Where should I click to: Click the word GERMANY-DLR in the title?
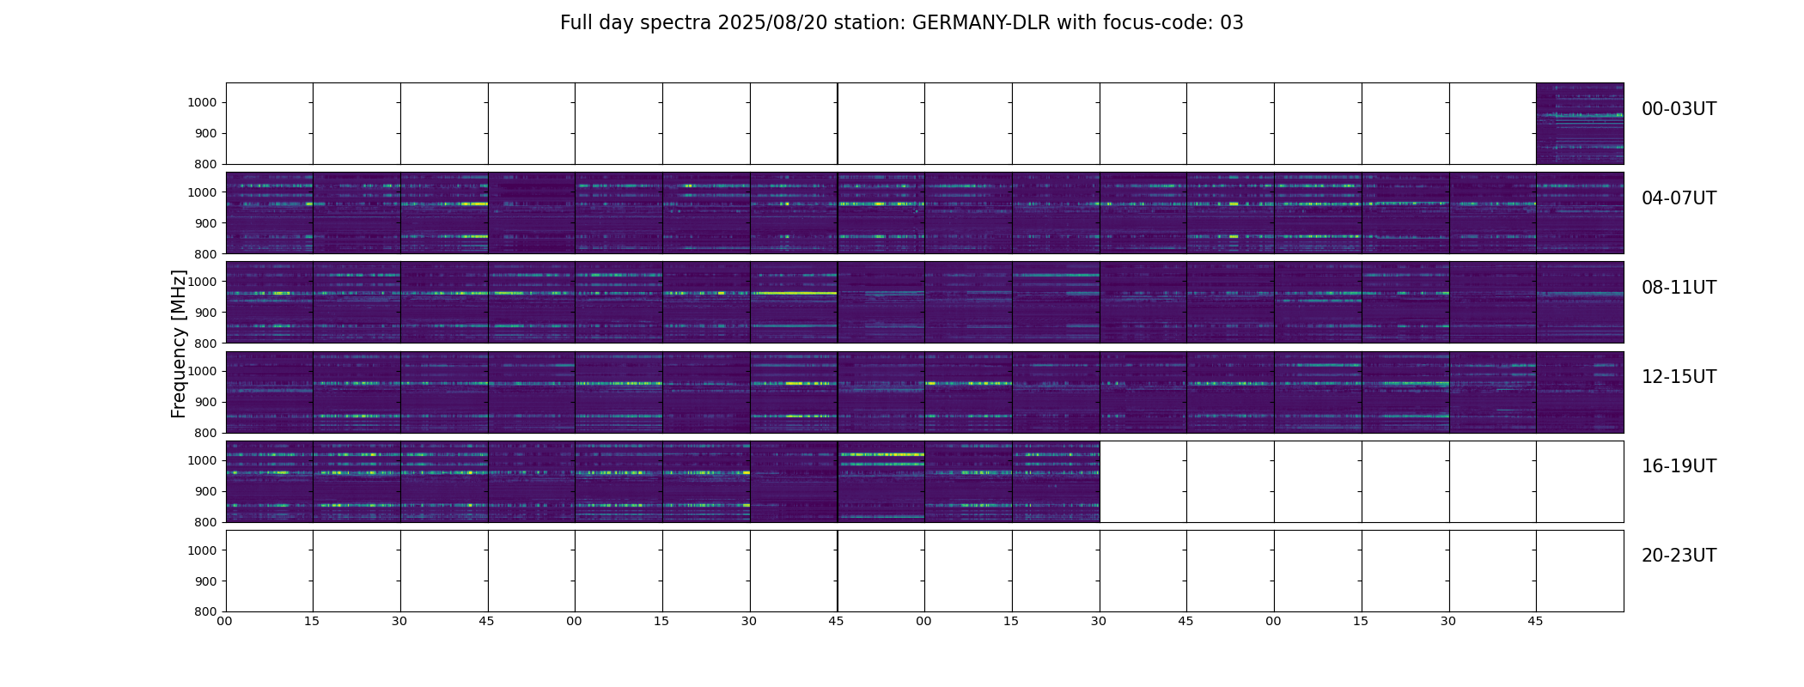(981, 23)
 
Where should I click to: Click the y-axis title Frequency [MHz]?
(179, 343)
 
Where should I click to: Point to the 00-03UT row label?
(1679, 109)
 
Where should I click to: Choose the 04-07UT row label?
(1679, 198)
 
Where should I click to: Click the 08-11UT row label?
(1679, 288)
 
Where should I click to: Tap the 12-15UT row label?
(1679, 377)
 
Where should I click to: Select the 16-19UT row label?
(1679, 466)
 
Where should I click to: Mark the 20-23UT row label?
(1679, 556)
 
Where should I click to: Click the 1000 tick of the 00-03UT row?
(203, 102)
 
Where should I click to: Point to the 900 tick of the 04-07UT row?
(206, 223)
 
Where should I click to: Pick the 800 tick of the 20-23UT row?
(206, 611)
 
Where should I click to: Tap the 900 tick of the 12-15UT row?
(206, 402)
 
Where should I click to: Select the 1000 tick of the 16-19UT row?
(203, 460)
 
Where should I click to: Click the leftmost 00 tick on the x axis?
(225, 621)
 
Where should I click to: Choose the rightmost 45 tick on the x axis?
(1535, 621)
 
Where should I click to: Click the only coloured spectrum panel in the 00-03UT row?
(1579, 123)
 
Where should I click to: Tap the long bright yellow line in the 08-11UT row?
(795, 294)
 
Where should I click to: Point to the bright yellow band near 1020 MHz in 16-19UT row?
(881, 454)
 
